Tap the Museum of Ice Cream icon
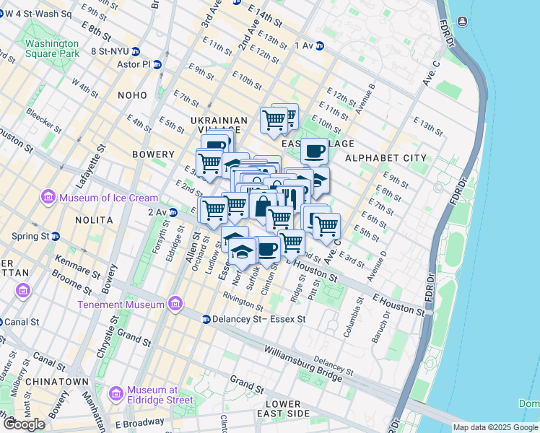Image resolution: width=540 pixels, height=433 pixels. [48, 197]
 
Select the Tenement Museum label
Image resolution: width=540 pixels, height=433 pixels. [121, 305]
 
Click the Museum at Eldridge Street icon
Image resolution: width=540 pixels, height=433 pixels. [115, 394]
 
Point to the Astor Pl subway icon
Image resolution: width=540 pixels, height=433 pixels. [157, 64]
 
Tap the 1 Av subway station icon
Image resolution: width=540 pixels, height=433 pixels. [319, 45]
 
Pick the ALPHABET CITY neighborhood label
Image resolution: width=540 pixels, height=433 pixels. [380, 158]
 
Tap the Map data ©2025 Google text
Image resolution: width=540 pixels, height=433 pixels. [495, 427]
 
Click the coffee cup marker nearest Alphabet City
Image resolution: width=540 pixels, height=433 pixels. [314, 152]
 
